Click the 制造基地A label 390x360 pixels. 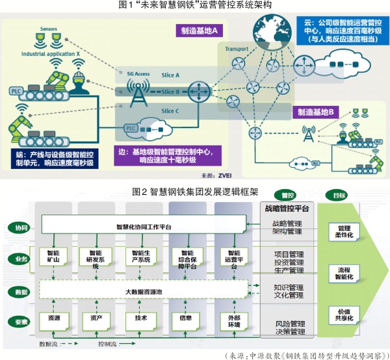coord(200,31)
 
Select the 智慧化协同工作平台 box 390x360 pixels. coord(144,227)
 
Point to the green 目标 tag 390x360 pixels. coord(339,194)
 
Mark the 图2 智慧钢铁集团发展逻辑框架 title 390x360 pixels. coord(194,192)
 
